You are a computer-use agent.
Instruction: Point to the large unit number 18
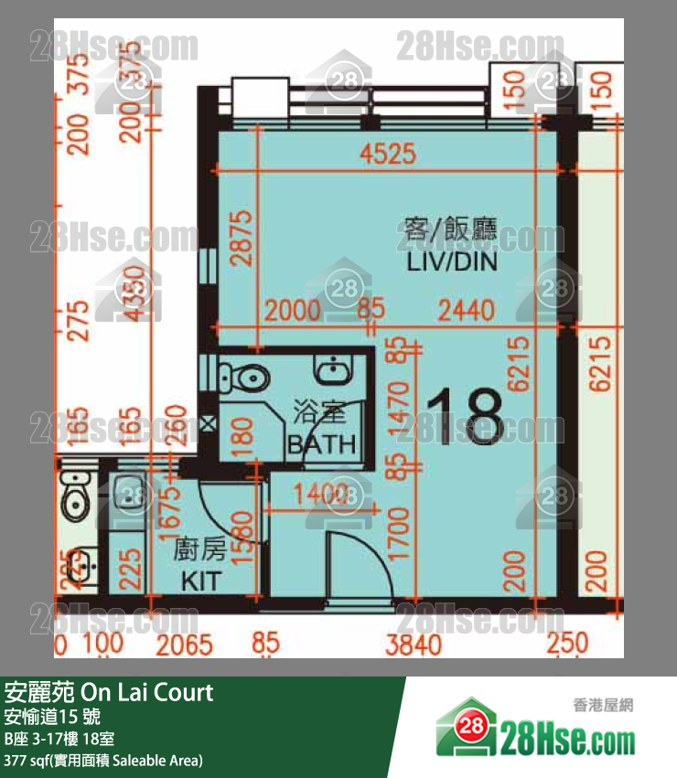(465, 417)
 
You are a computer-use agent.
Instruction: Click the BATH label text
(320, 445)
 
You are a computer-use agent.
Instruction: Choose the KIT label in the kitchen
(199, 581)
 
